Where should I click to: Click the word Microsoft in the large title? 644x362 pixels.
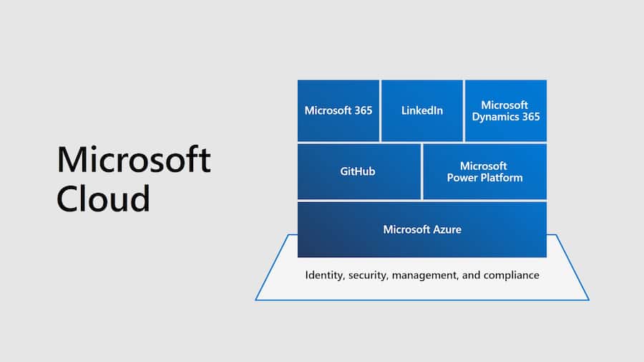click(134, 159)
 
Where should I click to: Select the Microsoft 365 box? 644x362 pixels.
click(338, 110)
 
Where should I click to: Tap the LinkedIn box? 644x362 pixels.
click(422, 110)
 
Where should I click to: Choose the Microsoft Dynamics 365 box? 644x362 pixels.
click(505, 110)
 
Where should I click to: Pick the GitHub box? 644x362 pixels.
click(358, 171)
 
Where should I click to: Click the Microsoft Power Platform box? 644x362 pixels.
click(484, 171)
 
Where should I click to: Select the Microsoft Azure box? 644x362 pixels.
click(422, 229)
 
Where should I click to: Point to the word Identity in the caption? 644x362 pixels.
click(324, 275)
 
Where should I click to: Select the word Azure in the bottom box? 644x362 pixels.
click(447, 229)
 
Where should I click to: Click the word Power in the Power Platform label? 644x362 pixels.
click(462, 177)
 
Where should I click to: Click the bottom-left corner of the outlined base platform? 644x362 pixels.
click(256, 300)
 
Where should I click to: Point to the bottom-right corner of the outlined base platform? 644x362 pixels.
click(588, 300)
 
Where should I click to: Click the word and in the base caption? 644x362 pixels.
click(472, 275)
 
